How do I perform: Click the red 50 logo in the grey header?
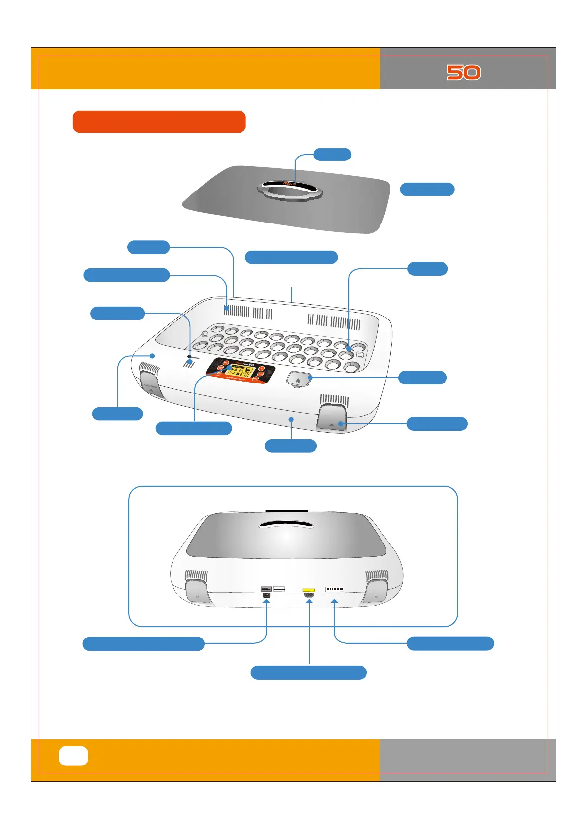463,72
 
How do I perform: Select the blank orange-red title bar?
159,122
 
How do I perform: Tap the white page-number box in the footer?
73,756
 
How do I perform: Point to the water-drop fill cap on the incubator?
298,380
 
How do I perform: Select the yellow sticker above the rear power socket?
309,589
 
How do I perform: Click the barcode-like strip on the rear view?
334,589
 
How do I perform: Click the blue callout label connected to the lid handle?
333,154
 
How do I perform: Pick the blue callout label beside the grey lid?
427,190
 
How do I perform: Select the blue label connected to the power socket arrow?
309,672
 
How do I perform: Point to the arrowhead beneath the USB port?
267,602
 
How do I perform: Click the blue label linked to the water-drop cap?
422,378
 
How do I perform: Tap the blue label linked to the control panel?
194,428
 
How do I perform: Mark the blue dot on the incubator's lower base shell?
291,419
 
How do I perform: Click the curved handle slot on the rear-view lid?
286,525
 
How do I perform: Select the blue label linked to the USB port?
143,644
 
